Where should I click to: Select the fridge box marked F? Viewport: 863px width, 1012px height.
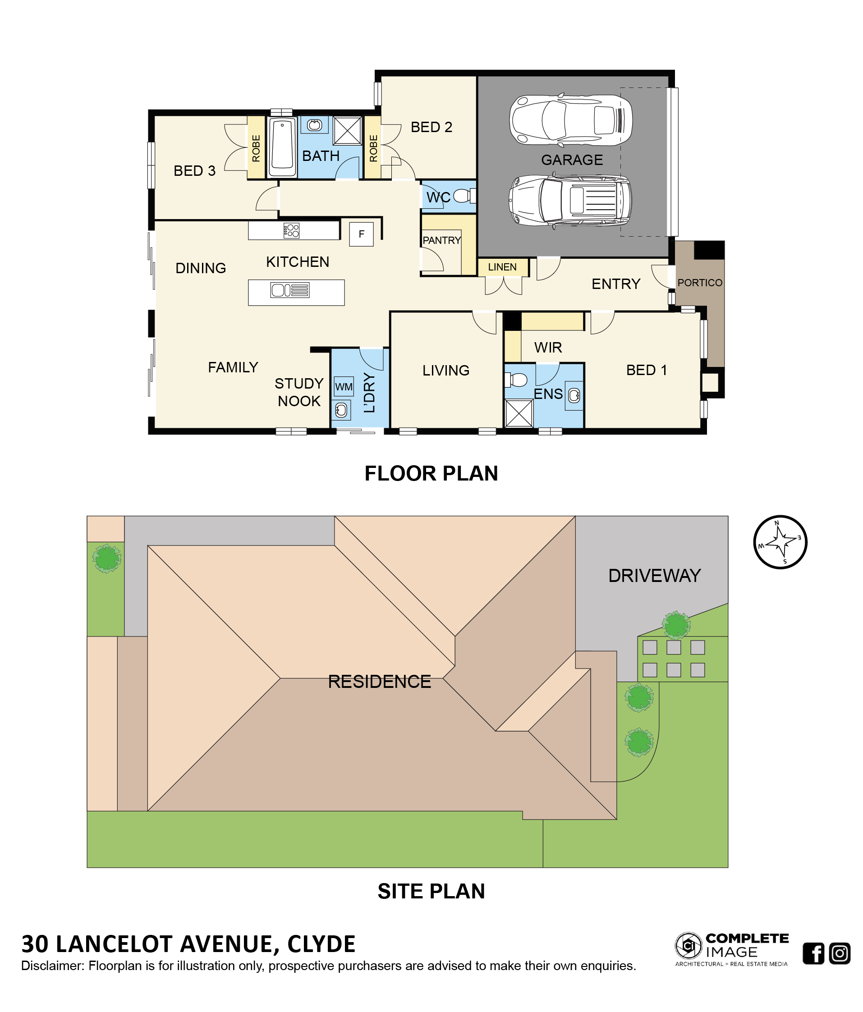point(362,234)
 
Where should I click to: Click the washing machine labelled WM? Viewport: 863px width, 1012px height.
point(344,386)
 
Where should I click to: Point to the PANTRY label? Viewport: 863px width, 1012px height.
point(441,240)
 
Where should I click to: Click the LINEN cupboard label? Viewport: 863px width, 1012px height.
point(502,267)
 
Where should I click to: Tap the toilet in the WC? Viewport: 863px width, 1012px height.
point(464,196)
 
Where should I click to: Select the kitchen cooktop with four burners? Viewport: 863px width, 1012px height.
point(291,230)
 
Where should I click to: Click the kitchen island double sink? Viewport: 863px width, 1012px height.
point(289,290)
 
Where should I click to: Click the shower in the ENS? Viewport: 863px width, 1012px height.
point(519,413)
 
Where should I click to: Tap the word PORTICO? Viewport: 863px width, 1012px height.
point(699,283)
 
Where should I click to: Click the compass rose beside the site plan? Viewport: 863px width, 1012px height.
point(780,542)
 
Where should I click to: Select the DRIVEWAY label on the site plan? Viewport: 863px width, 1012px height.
point(654,576)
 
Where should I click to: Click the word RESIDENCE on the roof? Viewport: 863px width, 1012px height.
point(380,682)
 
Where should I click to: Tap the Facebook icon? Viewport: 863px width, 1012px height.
point(813,953)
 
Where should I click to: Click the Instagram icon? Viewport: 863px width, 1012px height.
point(840,953)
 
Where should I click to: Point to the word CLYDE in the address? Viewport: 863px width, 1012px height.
point(321,944)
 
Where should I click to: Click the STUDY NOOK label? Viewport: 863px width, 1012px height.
point(299,392)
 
